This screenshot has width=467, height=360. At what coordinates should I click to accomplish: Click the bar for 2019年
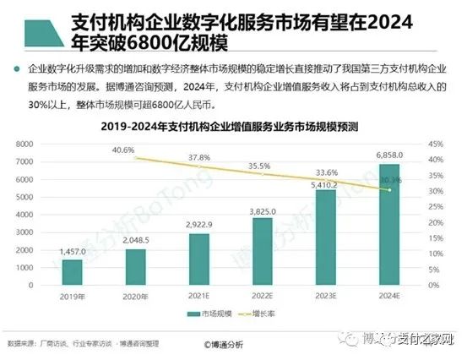coord(72,271)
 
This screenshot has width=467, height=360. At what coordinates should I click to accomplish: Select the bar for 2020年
coord(136,266)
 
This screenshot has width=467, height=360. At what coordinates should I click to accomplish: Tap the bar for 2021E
coord(199,259)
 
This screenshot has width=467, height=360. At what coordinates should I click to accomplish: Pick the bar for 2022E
coord(263,251)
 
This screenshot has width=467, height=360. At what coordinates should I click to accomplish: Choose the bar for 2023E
coord(325,237)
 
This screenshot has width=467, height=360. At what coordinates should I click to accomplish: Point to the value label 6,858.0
coord(388,158)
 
